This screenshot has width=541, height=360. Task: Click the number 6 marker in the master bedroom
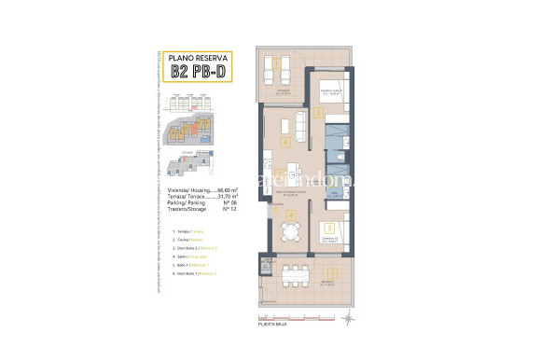pos(318,114)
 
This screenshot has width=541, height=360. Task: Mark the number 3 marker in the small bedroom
pos(328,227)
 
